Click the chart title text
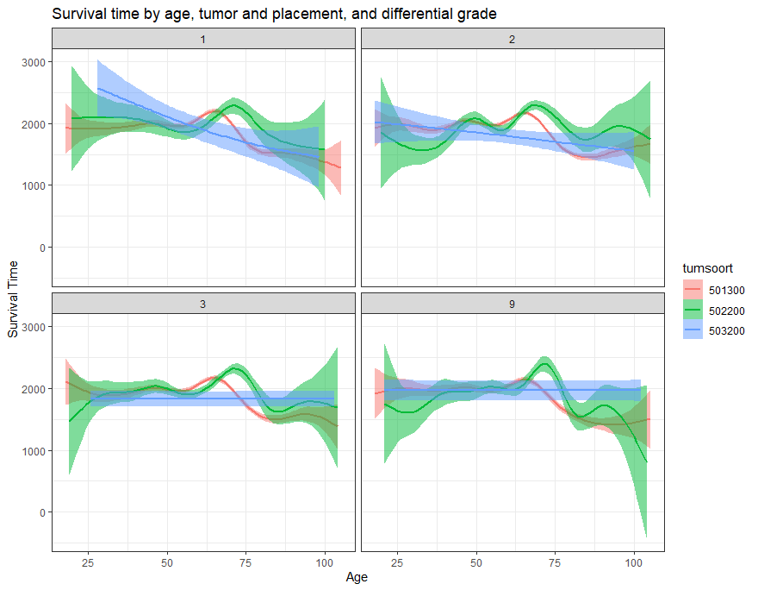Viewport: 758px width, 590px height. (274, 14)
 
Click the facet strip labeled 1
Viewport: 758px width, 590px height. (203, 39)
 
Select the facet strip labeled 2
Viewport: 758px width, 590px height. (513, 39)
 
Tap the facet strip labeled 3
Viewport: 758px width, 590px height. (203, 304)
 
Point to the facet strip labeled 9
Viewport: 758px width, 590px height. (513, 304)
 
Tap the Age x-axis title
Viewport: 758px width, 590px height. (357, 577)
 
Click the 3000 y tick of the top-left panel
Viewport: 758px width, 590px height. (35, 62)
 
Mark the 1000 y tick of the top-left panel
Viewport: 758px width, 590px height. (35, 185)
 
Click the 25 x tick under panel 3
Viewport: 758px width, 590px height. (87, 562)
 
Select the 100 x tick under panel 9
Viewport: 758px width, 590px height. (633, 562)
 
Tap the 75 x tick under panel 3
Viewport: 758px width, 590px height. (245, 562)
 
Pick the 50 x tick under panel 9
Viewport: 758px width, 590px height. (475, 562)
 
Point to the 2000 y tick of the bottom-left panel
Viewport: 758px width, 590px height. (35, 389)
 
